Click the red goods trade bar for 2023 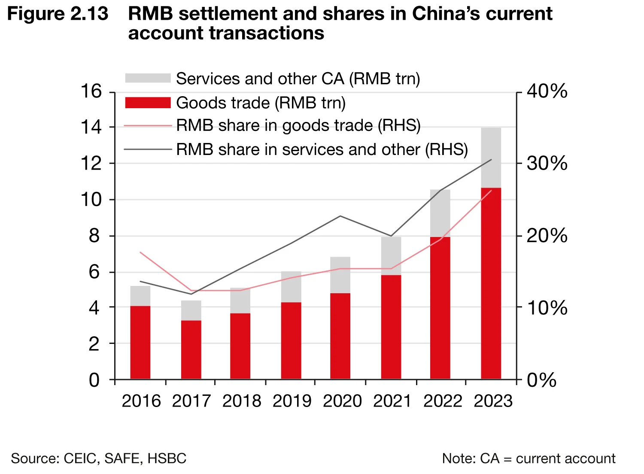pos(491,283)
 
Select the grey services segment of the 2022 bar pos(440,213)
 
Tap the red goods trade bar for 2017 pos(191,349)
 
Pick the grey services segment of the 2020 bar pos(340,275)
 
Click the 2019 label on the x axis pos(292,401)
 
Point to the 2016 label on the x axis pos(141,401)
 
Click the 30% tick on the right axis pos(547,164)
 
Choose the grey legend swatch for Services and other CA pos(148,78)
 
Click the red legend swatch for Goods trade pos(148,103)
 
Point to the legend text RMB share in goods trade pos(298,125)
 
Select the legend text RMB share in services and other pos(322,149)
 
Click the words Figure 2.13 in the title pos(58,14)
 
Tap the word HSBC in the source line pos(167,459)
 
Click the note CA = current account pos(529,459)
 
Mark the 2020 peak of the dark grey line pos(340,216)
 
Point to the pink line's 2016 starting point pos(141,252)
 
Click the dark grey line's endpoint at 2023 pos(491,160)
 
